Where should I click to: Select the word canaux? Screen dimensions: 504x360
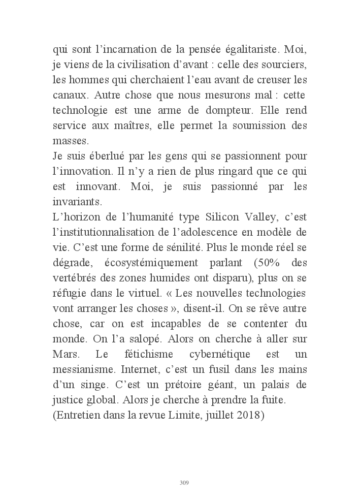69,96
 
